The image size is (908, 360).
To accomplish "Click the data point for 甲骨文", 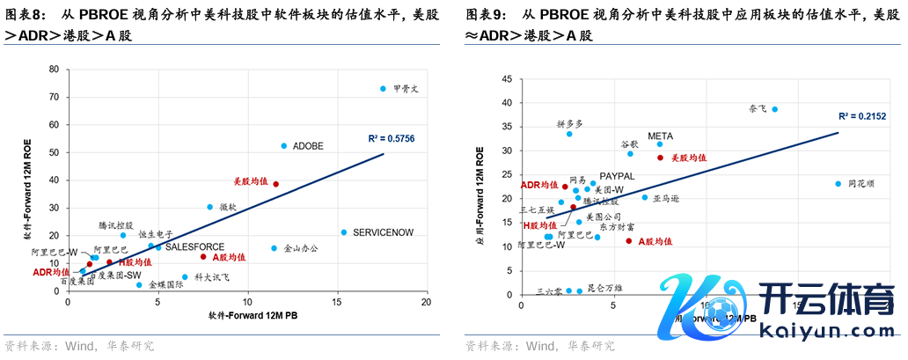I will pos(383,89).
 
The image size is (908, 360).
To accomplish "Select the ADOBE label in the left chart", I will pos(308,146).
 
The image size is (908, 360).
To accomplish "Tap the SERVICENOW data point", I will pos(344,232).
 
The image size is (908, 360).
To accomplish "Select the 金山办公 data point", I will pos(274,248).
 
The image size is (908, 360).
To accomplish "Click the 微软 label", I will pos(227,207).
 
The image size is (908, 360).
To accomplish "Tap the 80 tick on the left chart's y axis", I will pos(54,69).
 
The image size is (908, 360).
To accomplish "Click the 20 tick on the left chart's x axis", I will pos(426,302).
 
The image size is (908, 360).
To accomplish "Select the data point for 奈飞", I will pos(774,109).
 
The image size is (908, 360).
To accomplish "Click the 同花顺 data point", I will pos(838,184).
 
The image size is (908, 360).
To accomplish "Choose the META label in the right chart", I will pos(660,136).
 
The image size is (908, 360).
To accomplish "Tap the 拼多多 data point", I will pos(569,134).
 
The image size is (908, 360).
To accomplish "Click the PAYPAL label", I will pos(617,176).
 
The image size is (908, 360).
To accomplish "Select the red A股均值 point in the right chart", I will pos(629,241).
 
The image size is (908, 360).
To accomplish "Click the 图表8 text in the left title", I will pos(26,15).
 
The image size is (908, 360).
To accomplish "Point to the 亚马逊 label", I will pos(666,200).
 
